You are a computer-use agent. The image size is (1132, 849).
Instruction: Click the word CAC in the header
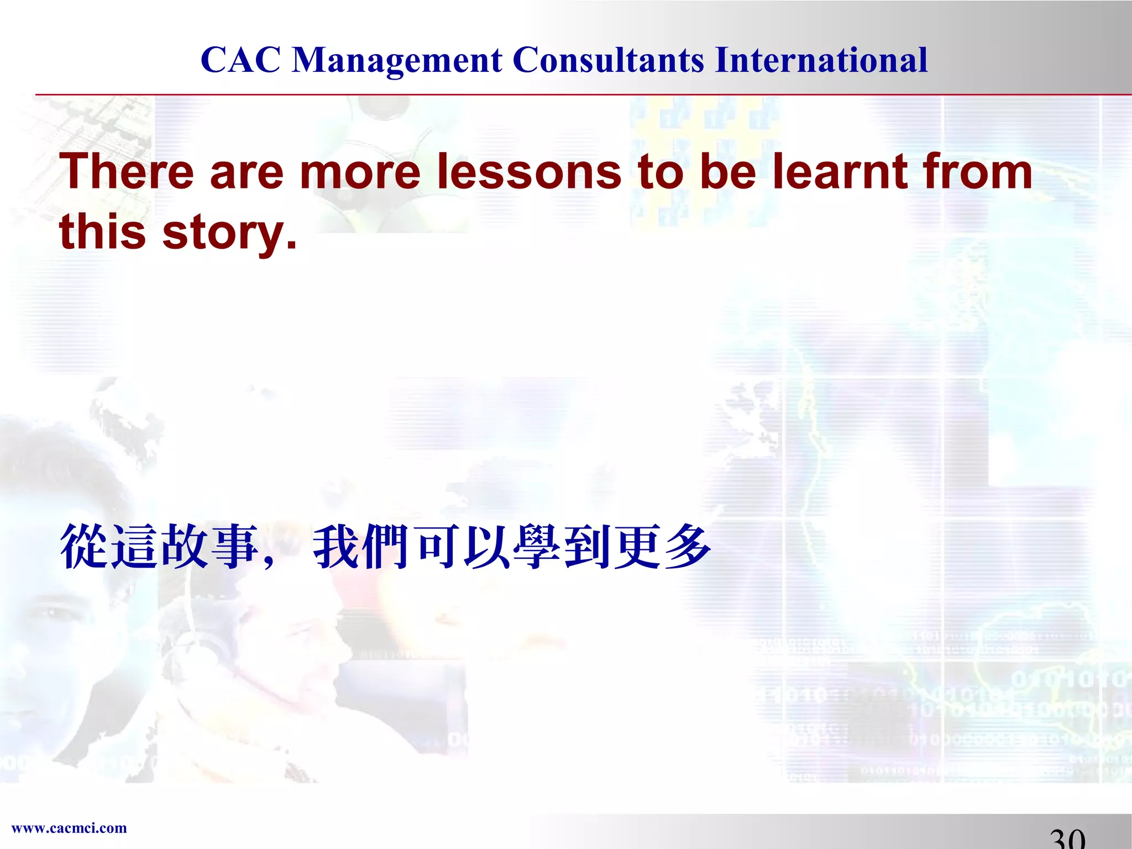240,60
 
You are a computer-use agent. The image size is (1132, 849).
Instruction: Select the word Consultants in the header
609,60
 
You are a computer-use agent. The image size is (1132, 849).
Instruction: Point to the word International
821,60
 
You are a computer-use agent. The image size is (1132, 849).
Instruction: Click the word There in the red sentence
127,171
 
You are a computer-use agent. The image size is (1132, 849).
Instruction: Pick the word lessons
529,171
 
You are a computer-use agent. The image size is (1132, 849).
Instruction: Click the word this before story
103,231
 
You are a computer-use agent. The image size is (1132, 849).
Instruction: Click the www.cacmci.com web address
69,828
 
